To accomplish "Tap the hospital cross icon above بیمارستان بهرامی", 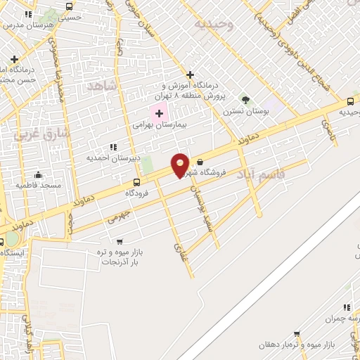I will [159, 112].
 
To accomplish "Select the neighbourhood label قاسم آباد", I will [261, 173].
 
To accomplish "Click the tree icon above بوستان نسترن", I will [245, 101].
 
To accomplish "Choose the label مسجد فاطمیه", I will [39, 184].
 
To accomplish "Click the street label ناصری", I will [328, 128].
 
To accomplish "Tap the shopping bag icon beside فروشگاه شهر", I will [200, 161].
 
